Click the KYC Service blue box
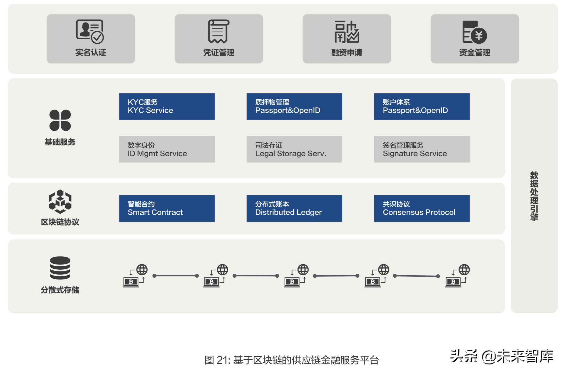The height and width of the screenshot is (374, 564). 167,106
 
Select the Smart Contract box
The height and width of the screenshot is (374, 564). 167,208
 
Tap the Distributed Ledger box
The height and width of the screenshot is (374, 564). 294,208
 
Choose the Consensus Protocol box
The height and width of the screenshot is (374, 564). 422,208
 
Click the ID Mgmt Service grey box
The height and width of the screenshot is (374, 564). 167,149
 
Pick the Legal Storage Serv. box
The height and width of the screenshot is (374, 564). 294,149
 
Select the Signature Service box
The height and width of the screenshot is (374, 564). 422,149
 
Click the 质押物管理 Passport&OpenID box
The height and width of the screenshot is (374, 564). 294,106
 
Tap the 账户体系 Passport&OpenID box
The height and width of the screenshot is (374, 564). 422,106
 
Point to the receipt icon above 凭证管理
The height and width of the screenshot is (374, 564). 218,31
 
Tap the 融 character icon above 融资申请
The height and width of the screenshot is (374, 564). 347,32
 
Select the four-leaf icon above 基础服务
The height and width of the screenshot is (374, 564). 60,120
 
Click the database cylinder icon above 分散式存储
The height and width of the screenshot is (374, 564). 60,268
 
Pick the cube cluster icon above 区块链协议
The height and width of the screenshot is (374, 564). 60,202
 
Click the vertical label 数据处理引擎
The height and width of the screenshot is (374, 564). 534,196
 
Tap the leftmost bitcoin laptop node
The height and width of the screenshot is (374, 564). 131,281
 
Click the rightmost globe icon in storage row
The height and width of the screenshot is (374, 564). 464,270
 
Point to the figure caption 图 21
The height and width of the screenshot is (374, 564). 292,360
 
